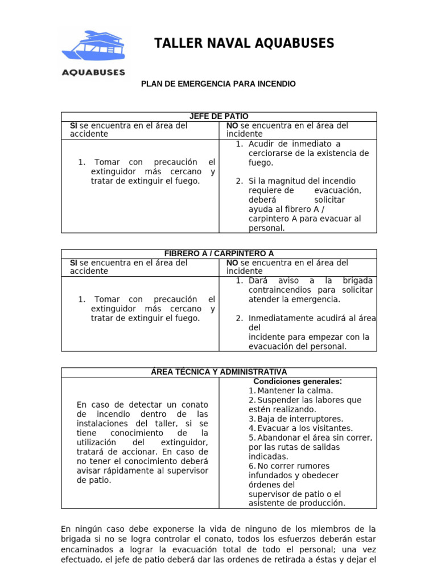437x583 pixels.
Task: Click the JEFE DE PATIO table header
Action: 218,116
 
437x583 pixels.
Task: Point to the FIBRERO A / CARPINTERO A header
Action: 218,253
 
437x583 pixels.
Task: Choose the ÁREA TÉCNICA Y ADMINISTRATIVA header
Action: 218,372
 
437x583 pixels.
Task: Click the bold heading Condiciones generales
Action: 298,381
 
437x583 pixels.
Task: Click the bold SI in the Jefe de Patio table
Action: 73,125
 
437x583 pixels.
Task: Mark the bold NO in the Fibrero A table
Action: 232,262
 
